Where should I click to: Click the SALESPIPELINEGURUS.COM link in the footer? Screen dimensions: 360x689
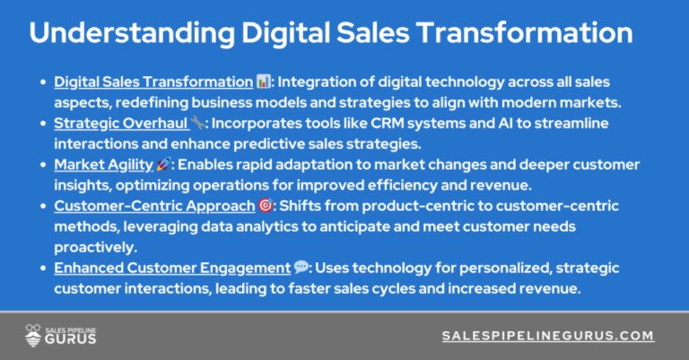click(548, 336)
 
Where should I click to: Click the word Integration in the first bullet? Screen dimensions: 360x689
click(313, 82)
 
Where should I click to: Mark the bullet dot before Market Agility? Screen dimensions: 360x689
click(43, 165)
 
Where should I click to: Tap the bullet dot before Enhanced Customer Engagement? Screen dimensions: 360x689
click(43, 268)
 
